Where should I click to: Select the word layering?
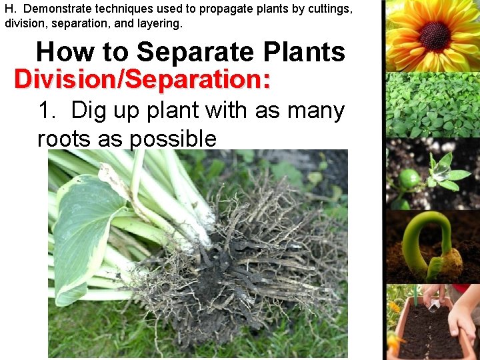coord(159,23)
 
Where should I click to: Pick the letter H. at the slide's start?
coord(11,9)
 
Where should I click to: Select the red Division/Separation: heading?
coord(142,79)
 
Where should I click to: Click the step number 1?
coord(47,111)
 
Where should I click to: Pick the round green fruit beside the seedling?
coord(409,179)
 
